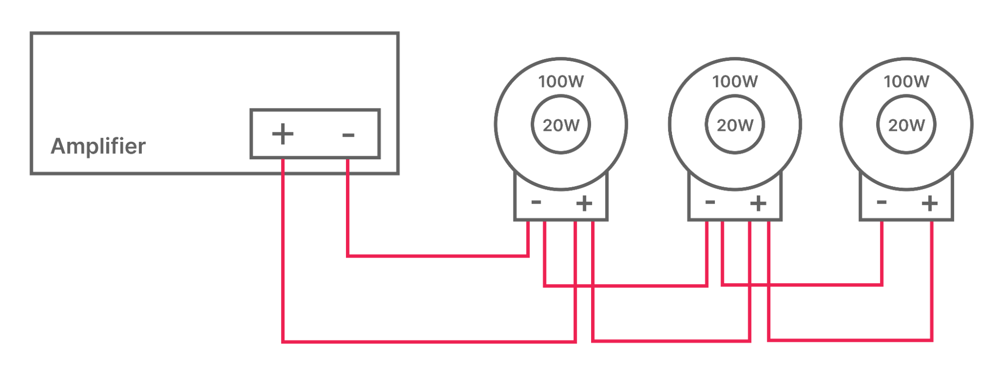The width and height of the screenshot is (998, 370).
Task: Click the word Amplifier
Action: point(98,146)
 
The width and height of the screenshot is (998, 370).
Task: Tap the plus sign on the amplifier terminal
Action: point(283,134)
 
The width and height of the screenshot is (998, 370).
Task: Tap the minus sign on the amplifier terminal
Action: point(348,135)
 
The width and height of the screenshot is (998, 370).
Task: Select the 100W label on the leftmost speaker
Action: point(561,81)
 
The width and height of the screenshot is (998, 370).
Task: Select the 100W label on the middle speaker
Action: point(734,81)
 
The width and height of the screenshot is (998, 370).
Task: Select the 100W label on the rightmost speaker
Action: point(906,81)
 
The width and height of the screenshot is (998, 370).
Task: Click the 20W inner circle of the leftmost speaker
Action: point(561,125)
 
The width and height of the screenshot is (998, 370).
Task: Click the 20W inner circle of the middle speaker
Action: point(734,125)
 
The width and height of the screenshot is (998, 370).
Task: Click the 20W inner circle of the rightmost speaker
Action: point(906,125)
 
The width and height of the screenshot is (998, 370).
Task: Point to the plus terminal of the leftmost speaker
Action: point(584,203)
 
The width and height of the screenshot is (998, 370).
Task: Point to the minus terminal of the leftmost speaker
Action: point(536,202)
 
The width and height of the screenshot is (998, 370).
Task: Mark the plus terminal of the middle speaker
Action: point(758,203)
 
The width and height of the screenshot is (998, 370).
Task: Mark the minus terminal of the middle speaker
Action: point(710,202)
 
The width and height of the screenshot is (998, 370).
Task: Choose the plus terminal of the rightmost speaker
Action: point(930,203)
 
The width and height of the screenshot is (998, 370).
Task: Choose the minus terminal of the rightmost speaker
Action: point(882,202)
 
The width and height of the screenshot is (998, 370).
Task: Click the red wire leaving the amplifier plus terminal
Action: point(283,250)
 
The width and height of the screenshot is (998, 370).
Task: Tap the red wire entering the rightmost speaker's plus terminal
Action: point(932,280)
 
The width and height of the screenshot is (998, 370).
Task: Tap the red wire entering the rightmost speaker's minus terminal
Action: point(882,250)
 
